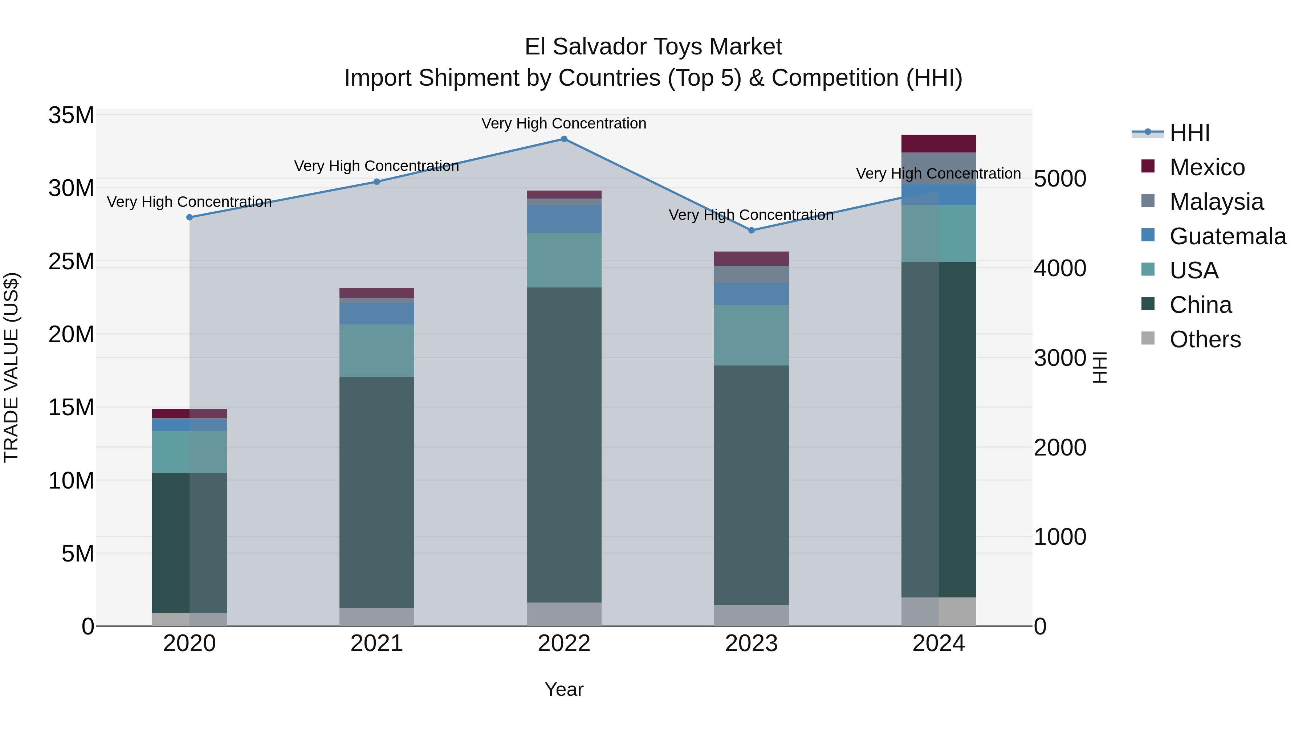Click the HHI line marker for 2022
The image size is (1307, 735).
click(564, 139)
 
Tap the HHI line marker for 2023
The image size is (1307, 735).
click(752, 230)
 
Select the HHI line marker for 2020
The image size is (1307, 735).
click(189, 217)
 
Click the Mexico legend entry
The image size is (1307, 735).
click(1206, 167)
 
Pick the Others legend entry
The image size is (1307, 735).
click(1205, 339)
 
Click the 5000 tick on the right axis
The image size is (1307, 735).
click(1060, 179)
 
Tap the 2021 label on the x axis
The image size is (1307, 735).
click(376, 644)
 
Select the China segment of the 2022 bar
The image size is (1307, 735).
click(564, 445)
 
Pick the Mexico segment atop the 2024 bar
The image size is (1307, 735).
click(938, 143)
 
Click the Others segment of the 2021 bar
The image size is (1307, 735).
click(376, 616)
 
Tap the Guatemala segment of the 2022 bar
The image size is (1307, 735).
click(564, 219)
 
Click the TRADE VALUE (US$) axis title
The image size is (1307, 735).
click(11, 367)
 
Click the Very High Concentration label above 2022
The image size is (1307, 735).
click(564, 123)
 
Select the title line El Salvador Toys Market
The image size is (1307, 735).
click(653, 47)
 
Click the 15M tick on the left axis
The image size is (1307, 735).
click(71, 407)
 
